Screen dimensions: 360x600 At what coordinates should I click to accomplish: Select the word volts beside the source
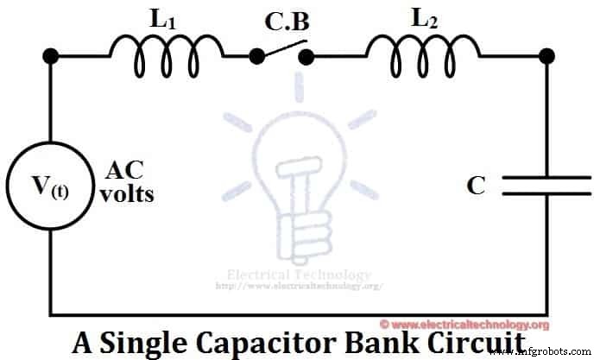pyautogui.click(x=126, y=193)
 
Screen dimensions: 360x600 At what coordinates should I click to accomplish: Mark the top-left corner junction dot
pyautogui.click(x=51, y=57)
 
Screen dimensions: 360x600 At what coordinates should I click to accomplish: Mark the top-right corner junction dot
pyautogui.click(x=546, y=57)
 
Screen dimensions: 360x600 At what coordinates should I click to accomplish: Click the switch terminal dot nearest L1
pyautogui.click(x=256, y=57)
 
